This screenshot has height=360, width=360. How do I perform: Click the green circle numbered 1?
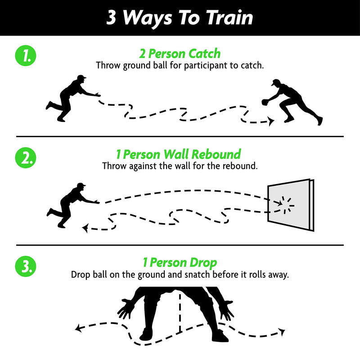coord(26,55)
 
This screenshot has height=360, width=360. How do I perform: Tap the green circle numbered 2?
coord(26,158)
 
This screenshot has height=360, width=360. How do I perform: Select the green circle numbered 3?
coord(26,266)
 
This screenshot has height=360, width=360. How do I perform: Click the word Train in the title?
coord(229,18)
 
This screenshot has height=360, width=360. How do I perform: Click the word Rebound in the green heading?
coord(216,154)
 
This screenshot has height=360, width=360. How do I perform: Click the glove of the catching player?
coord(265,103)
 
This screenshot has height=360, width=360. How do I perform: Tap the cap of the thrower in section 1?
coord(82,77)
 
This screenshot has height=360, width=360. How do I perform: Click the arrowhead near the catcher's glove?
coord(272,121)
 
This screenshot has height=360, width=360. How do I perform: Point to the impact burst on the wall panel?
coord(286,205)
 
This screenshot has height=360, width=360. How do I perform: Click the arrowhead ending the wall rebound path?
coord(85,228)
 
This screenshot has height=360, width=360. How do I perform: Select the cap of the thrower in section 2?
coord(81,185)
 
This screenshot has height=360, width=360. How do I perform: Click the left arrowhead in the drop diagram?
coord(78,328)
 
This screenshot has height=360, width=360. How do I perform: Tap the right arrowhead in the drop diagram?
coord(282,332)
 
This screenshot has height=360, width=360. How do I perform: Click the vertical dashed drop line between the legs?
coord(180,313)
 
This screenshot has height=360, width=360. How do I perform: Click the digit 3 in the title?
coord(111,18)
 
